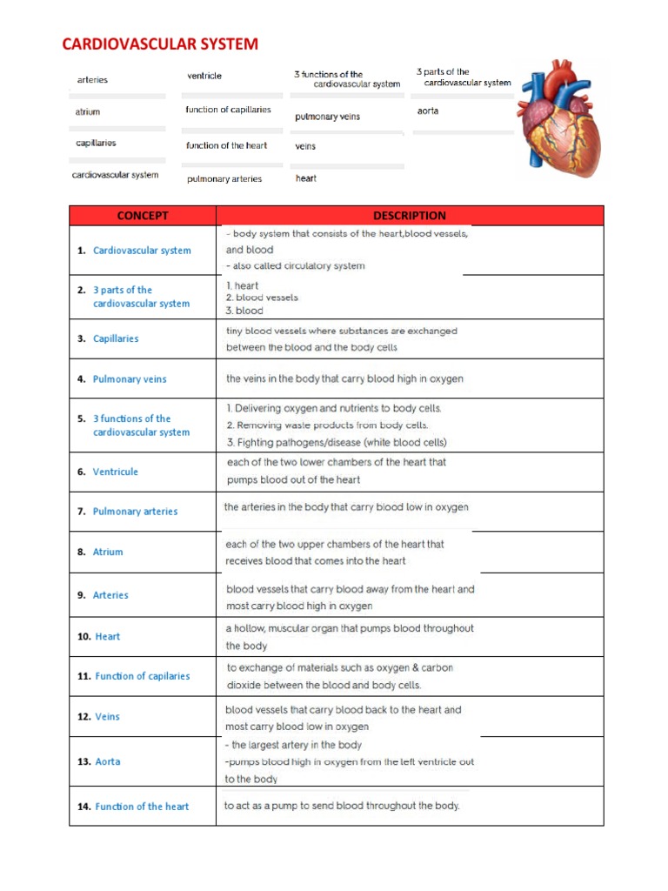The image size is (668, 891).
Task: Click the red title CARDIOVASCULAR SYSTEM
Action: click(159, 44)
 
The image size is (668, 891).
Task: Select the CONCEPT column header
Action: click(143, 216)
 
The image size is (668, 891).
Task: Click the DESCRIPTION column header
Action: click(409, 216)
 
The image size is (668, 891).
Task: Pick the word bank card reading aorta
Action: click(428, 111)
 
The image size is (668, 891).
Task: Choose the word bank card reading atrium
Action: click(88, 112)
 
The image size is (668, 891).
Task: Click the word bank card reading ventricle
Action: click(204, 77)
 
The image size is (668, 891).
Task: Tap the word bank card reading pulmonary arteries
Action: click(224, 179)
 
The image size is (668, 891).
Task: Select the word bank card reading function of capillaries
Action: click(228, 110)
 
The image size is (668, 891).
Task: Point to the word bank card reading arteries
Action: click(92, 80)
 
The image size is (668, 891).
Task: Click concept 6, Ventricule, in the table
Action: click(115, 472)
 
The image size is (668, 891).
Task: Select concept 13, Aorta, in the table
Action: click(108, 761)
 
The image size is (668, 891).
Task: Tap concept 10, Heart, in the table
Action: click(107, 636)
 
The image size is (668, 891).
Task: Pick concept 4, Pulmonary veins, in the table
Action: click(129, 379)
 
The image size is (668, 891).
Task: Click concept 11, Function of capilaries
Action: click(142, 676)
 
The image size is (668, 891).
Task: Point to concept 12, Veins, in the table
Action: click(107, 717)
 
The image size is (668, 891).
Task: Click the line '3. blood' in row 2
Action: click(244, 311)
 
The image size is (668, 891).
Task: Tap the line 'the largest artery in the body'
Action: click(296, 745)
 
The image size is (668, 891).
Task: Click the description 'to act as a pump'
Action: click(342, 806)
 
